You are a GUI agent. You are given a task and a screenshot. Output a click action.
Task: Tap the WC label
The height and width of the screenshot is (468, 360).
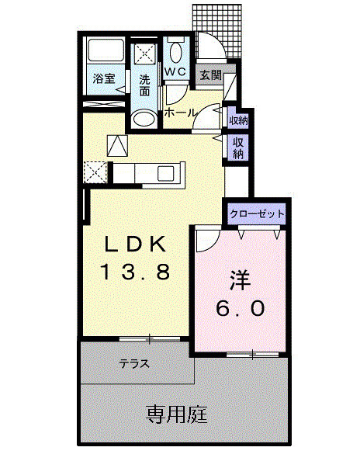[x=175, y=71]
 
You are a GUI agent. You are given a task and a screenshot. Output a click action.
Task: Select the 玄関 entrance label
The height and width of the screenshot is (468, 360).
[x=209, y=75]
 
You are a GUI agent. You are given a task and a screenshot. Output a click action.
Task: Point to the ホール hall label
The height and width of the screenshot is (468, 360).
[x=180, y=113]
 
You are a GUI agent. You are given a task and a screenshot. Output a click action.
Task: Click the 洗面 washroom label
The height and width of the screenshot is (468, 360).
[x=145, y=85]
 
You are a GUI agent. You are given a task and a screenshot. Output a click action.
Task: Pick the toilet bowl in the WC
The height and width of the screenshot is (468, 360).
[x=175, y=53]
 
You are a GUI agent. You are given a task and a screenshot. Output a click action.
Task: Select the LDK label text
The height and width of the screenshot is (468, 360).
[x=137, y=245]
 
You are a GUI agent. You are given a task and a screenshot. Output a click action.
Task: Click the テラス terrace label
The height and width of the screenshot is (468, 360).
[x=135, y=362]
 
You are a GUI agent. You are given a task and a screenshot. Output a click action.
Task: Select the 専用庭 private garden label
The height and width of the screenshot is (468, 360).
[x=176, y=414]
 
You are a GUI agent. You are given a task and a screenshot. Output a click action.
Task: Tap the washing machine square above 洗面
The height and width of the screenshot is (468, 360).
[x=145, y=54]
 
